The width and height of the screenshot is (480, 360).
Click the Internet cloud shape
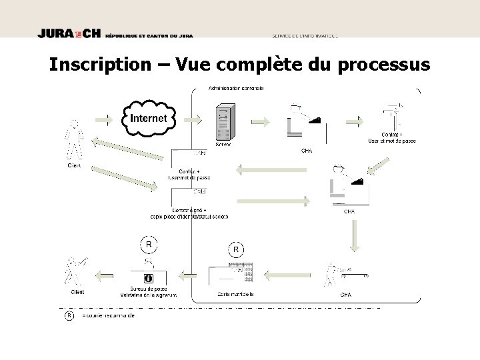[148, 118]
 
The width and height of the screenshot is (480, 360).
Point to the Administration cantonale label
[237, 88]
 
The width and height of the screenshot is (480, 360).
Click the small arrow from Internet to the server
[193, 120]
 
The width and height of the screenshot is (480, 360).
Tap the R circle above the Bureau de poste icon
[149, 245]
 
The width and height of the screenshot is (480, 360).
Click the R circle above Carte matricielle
[236, 249]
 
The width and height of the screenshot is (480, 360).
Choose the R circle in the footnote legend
[68, 315]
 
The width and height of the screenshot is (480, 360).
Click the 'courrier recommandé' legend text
[108, 315]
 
